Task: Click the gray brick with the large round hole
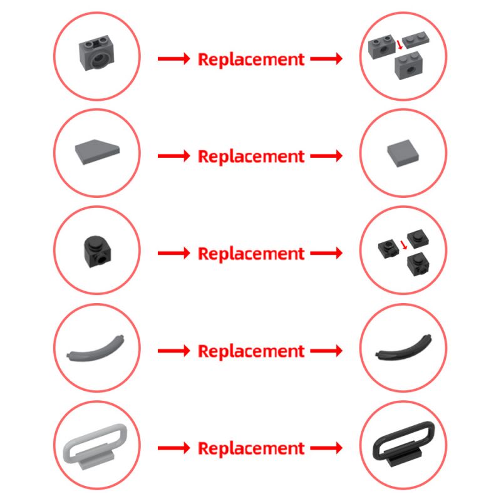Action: (x=96, y=53)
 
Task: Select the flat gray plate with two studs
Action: (x=415, y=41)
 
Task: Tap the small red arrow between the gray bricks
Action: (x=400, y=44)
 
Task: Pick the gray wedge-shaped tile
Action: (x=97, y=152)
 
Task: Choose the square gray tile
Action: (x=403, y=153)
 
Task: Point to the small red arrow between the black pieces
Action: (x=404, y=245)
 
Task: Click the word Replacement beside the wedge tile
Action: (x=251, y=157)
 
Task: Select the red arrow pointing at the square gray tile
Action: (x=326, y=156)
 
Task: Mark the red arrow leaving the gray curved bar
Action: (x=174, y=351)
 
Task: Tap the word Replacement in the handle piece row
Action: (x=251, y=448)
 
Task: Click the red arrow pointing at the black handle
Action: (x=326, y=448)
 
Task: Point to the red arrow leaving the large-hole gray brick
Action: (x=174, y=59)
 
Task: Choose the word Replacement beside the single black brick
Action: (x=251, y=254)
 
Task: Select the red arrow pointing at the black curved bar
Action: (x=326, y=351)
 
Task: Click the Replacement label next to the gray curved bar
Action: (x=251, y=351)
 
